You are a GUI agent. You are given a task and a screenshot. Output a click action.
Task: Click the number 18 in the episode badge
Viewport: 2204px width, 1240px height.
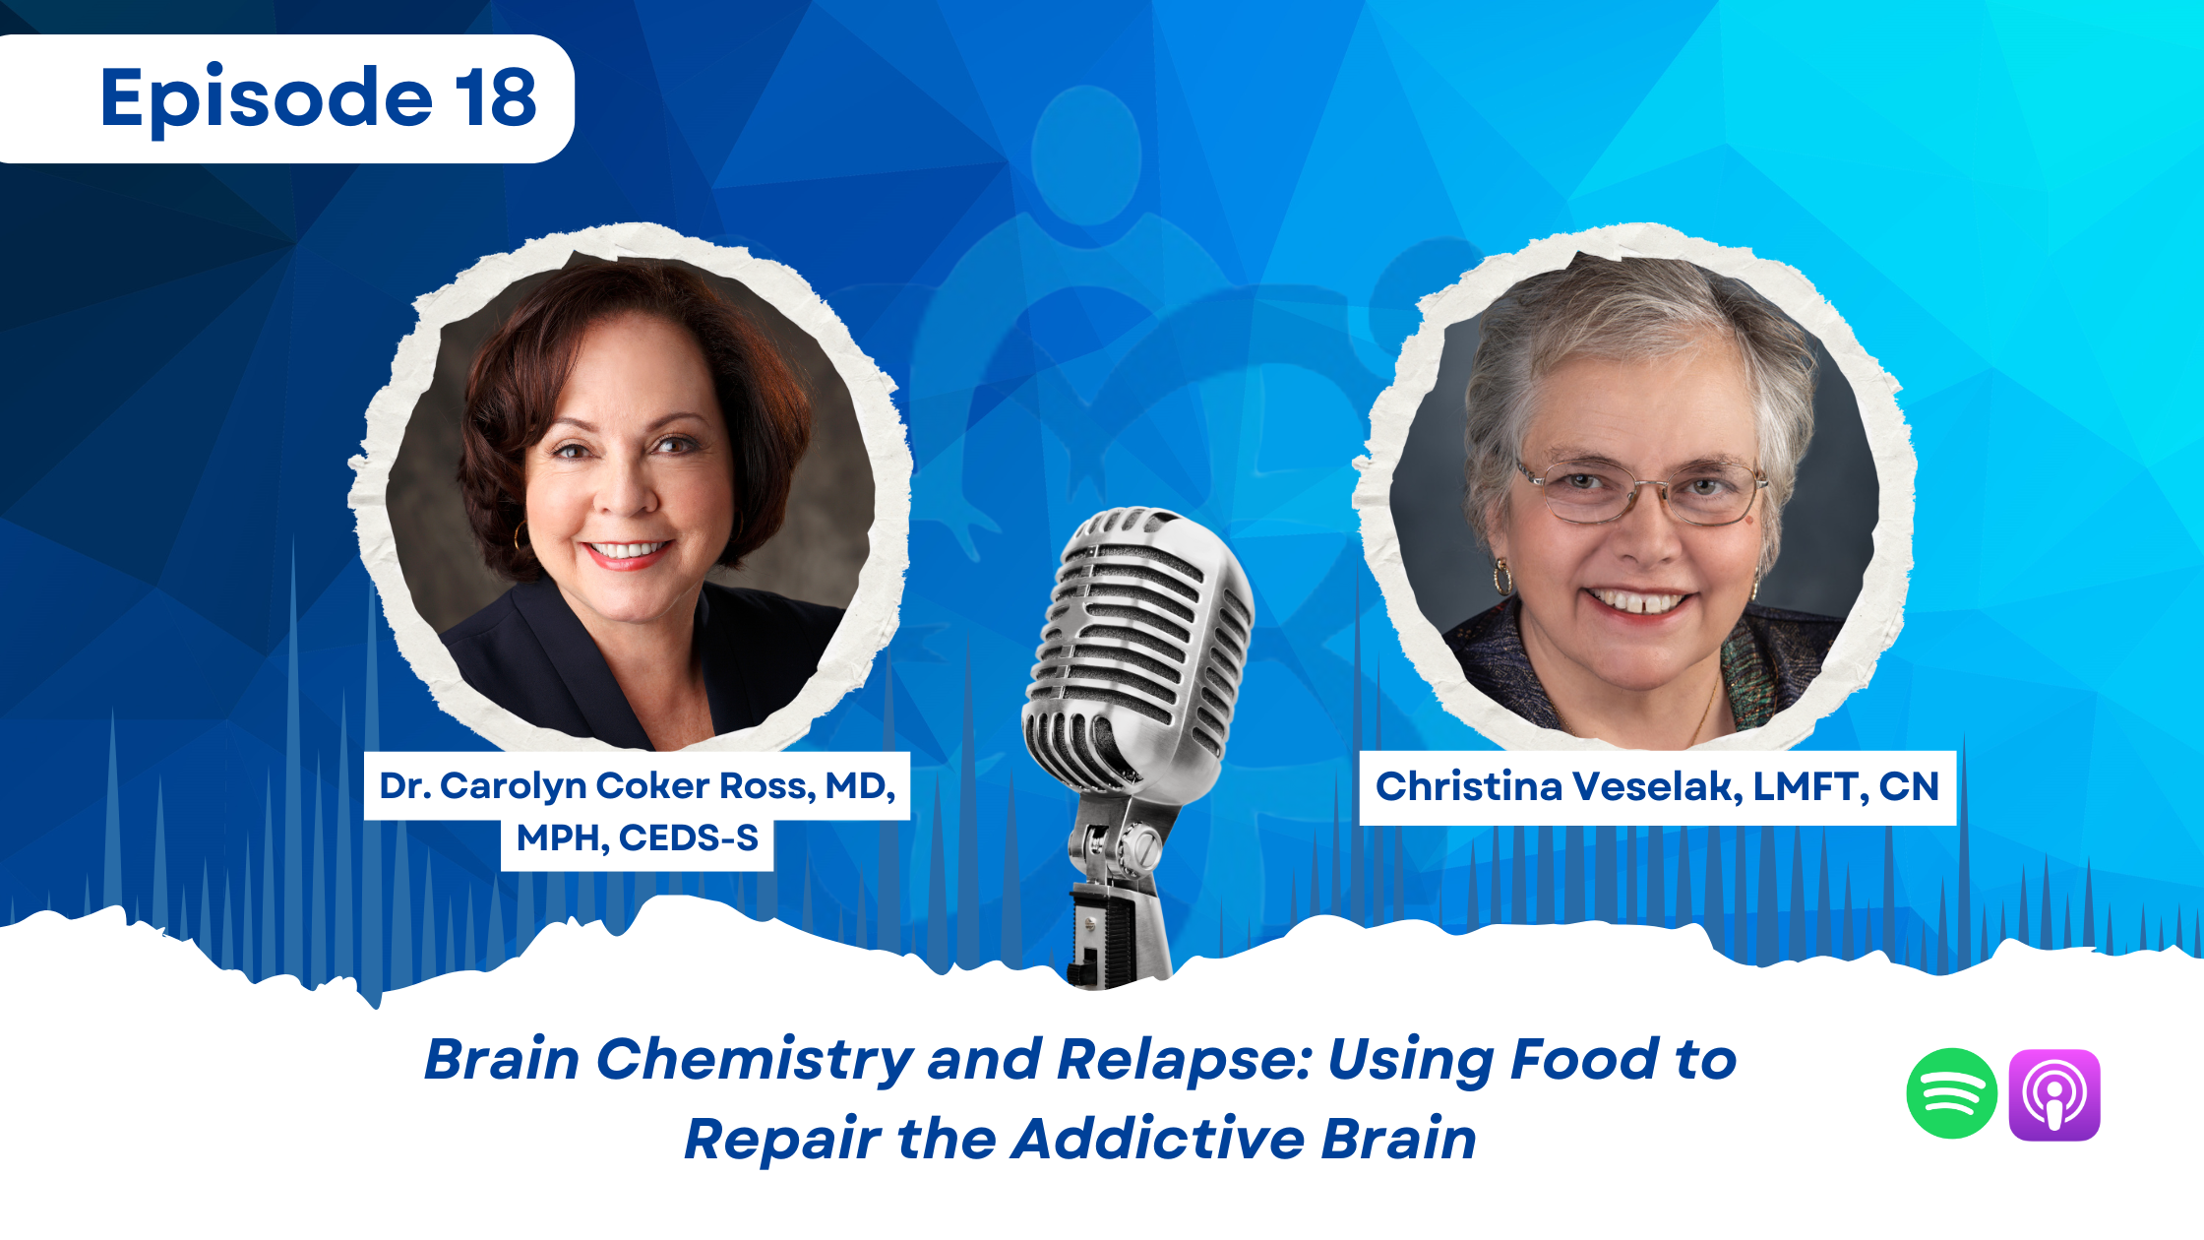tap(496, 97)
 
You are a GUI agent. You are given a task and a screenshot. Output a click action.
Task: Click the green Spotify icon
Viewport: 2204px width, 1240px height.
tap(1951, 1093)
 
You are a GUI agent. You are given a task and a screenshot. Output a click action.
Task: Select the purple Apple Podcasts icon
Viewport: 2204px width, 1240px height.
tap(2054, 1094)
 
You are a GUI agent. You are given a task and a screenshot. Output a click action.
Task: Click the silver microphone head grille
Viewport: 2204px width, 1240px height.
tap(1141, 640)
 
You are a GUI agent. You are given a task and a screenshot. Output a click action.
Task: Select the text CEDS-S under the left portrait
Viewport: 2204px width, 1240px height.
tap(689, 838)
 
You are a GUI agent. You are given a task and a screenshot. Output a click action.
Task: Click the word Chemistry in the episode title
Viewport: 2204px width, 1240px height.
tap(755, 1061)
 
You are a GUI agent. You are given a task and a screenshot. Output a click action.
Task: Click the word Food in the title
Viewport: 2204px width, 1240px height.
tap(1584, 1059)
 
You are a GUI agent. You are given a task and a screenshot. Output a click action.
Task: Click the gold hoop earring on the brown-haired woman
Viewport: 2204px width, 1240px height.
tap(520, 536)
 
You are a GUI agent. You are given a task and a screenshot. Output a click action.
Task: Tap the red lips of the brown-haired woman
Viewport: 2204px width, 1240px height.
tap(627, 554)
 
